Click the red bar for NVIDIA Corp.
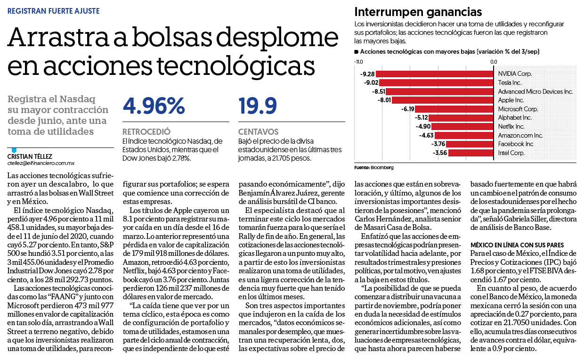point(435,74)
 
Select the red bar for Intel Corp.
point(471,153)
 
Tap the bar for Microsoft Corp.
point(454,109)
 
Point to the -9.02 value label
point(371,82)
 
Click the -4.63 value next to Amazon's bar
point(426,135)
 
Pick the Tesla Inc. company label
point(510,82)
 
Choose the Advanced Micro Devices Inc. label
point(535,91)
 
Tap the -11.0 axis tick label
point(358,62)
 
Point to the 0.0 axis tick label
point(494,62)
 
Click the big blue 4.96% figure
point(154,106)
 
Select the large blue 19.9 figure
point(257,106)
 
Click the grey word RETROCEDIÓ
point(146,131)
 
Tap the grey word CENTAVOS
point(259,131)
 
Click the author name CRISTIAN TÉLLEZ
point(30,156)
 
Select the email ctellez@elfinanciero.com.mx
point(41,164)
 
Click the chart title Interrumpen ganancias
point(418,12)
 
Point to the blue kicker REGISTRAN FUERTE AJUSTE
point(53,11)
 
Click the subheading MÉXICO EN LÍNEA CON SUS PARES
point(517,245)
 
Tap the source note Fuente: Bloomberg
point(374,167)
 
